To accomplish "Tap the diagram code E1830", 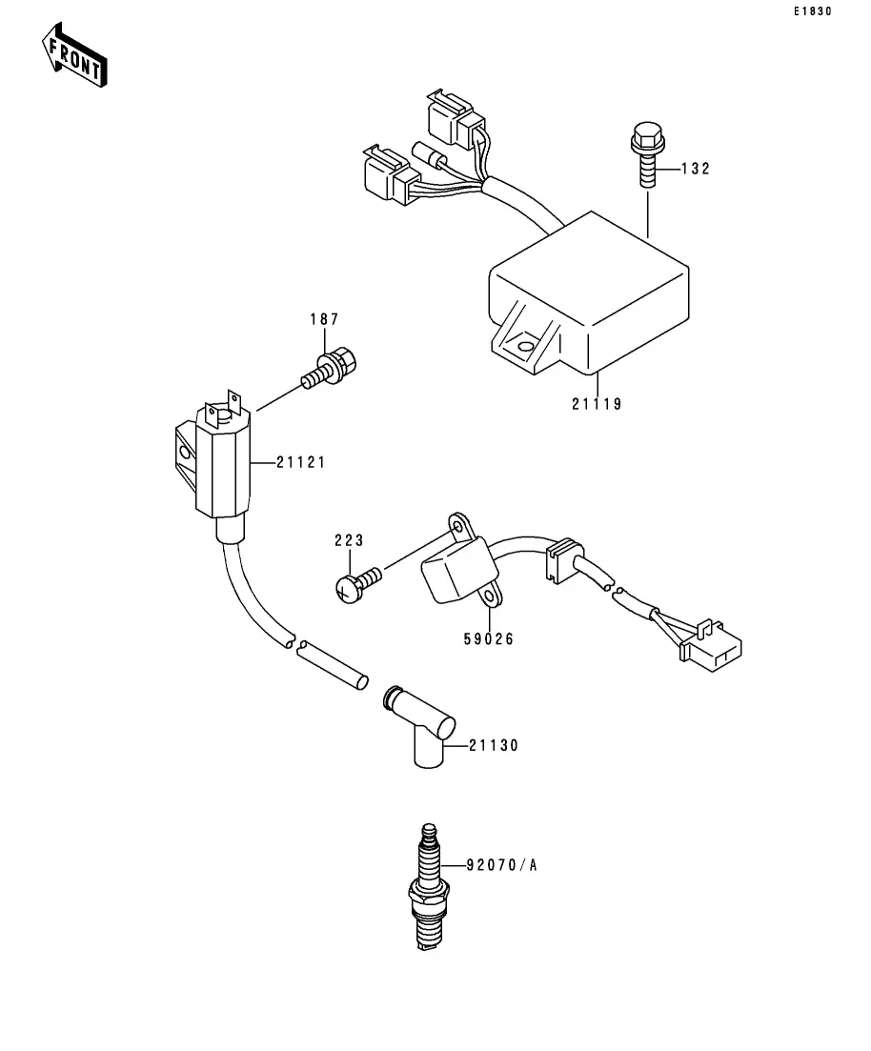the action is coord(813,11).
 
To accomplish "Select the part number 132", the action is coord(696,169).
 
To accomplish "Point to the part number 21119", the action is coord(597,404).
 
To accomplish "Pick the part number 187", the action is coord(325,319).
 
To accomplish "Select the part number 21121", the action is coord(301,462).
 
